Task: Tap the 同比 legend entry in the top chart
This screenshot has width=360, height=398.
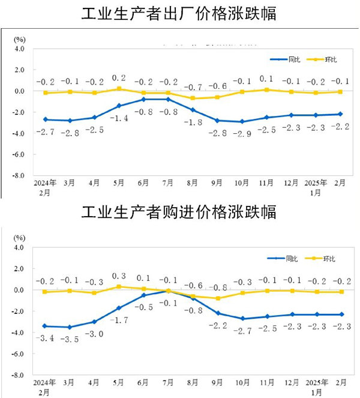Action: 285,59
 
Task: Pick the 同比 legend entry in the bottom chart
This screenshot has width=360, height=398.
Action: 285,259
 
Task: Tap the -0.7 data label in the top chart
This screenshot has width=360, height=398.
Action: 193,88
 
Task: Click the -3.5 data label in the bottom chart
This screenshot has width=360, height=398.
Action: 70,339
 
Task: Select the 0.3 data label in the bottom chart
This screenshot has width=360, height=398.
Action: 119,276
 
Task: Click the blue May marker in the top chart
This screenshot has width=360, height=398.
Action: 119,106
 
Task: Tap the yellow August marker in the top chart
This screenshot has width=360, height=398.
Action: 193,98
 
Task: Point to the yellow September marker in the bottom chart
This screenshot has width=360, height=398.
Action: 217,298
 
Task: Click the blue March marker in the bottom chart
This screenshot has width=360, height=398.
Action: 70,327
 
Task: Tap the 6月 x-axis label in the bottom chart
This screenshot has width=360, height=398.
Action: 143,383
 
